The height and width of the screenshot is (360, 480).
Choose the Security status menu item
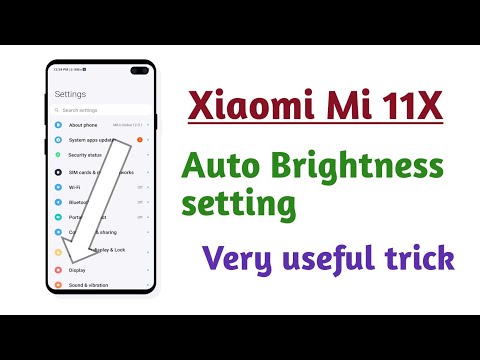click(x=86, y=155)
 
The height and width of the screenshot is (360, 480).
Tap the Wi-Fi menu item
click(x=74, y=186)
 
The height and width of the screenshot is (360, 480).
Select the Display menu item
click(x=77, y=270)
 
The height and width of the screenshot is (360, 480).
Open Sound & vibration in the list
click(x=87, y=285)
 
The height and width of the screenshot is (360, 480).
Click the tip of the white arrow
click(x=49, y=291)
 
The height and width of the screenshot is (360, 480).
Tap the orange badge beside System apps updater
click(x=139, y=140)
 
